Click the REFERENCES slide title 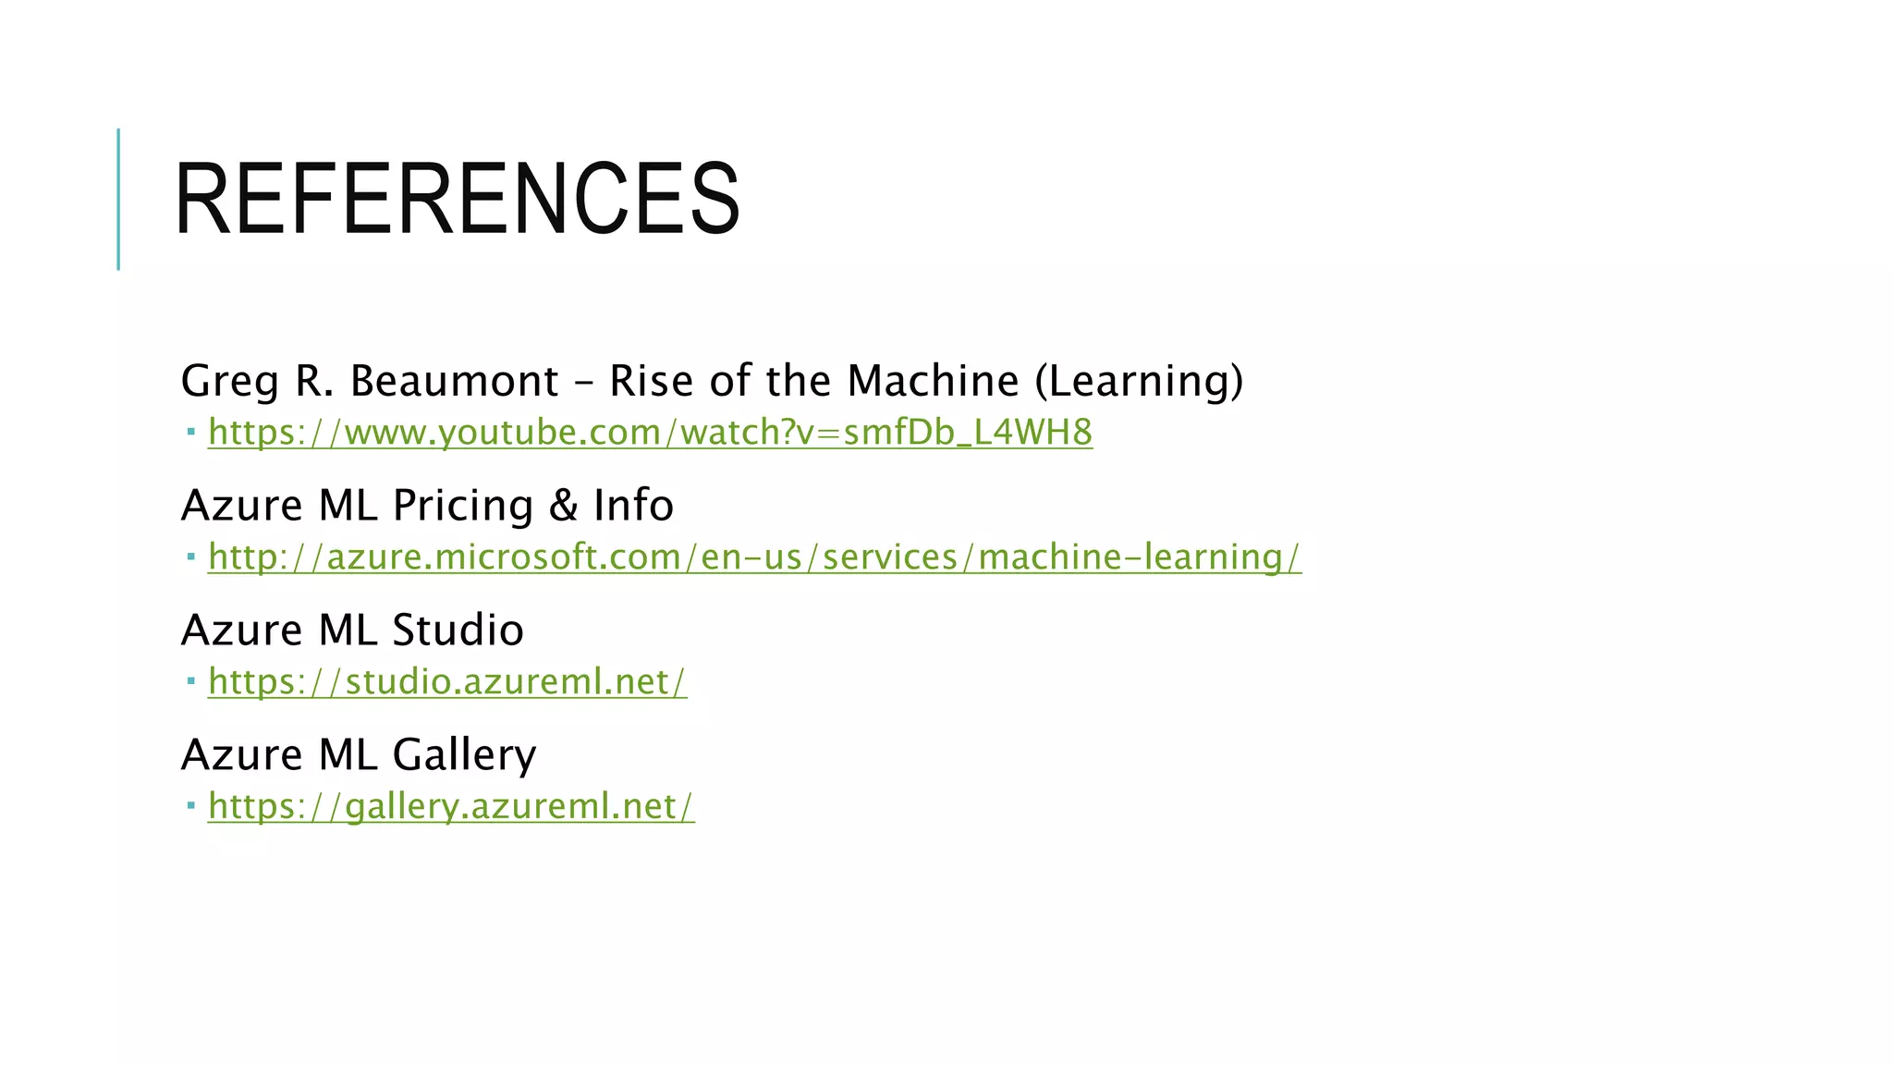(457, 199)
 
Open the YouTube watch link (650, 433)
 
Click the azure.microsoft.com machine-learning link (754, 557)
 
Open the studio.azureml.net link (447, 682)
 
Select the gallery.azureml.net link (451, 806)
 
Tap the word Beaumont (454, 381)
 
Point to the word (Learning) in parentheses (1139, 381)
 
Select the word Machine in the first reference (933, 381)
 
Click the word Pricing (463, 507)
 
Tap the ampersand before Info (563, 506)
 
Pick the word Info (633, 506)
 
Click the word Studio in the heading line (458, 630)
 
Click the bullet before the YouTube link (190, 432)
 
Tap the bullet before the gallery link (190, 806)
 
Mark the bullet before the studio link (190, 681)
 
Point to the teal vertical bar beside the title (118, 199)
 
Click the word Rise (651, 381)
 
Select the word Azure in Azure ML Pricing (242, 506)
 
